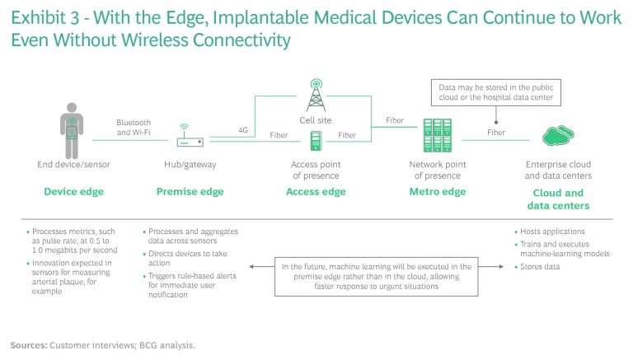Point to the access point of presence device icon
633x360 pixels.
pos(315,142)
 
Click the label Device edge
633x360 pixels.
pos(73,192)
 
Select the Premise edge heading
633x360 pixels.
pos(190,192)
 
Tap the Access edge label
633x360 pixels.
pos(315,192)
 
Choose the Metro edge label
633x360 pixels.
pos(438,192)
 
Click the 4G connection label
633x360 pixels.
pos(243,129)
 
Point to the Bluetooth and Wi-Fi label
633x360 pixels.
pos(134,128)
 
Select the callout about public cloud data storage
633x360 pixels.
pos(496,91)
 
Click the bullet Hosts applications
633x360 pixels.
pos(552,231)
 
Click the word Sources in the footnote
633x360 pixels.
pos(29,345)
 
